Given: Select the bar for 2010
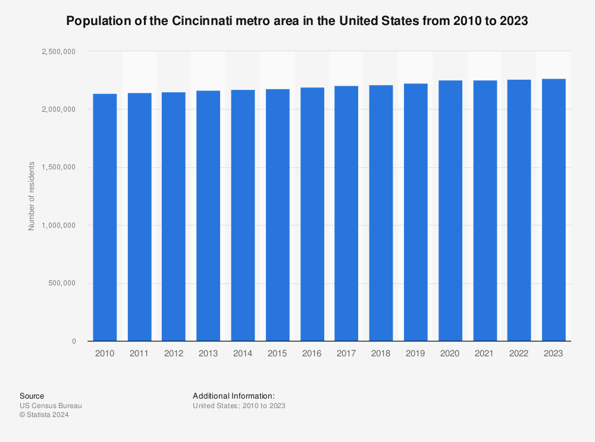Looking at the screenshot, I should pyautogui.click(x=105, y=217).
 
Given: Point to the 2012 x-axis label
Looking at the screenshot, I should pyautogui.click(x=173, y=353).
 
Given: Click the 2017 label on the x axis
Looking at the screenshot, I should pyautogui.click(x=346, y=353).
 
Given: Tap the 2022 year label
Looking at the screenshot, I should pyautogui.click(x=519, y=353).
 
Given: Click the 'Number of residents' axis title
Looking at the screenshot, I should pyautogui.click(x=32, y=196).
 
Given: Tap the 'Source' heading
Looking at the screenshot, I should pyautogui.click(x=32, y=396).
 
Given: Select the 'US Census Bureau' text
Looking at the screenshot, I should pyautogui.click(x=51, y=406).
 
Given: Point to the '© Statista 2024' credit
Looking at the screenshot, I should pyautogui.click(x=44, y=415).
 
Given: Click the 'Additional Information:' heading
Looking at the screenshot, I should pyautogui.click(x=234, y=396).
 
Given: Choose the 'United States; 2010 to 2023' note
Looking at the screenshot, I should pyautogui.click(x=239, y=406).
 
